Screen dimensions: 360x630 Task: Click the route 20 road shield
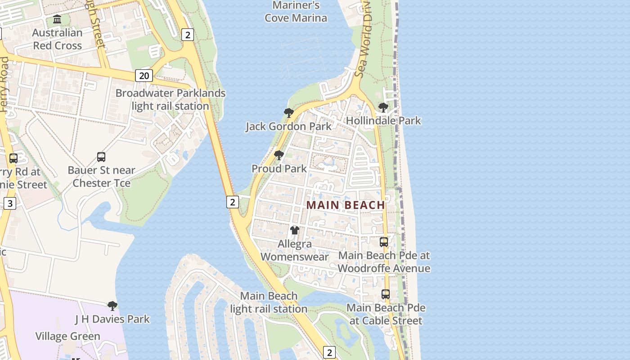pos(144,76)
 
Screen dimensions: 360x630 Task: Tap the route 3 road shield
pos(10,203)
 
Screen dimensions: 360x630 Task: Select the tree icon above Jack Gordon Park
pos(289,112)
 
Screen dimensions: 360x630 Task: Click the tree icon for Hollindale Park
pos(383,107)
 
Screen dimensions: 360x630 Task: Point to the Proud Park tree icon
pos(279,155)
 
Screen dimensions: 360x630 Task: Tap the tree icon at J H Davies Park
pos(112,306)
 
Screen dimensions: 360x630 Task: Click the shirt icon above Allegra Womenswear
pos(295,230)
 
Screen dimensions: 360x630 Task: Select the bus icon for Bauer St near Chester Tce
pos(101,157)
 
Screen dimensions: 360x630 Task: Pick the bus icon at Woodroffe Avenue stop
pos(384,242)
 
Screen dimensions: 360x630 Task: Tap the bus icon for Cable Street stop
pos(386,294)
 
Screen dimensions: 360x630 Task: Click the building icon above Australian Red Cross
pos(57,19)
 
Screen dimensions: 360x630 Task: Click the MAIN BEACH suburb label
pos(346,205)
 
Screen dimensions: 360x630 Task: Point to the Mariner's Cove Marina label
pos(296,12)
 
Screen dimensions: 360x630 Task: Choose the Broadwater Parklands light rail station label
pos(171,99)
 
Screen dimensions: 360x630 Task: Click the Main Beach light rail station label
pos(269,302)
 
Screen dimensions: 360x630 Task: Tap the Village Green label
pos(67,336)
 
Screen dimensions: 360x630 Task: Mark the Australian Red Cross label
pos(57,39)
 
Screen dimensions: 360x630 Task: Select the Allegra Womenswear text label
pos(295,251)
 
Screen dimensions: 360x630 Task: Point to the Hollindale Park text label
pos(383,121)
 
